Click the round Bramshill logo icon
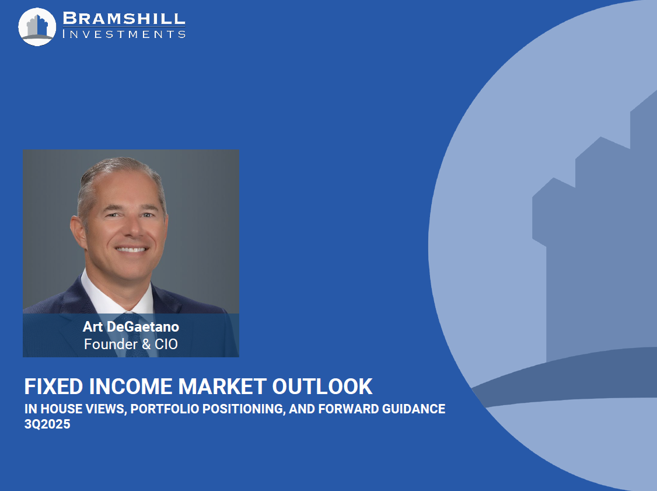[37, 27]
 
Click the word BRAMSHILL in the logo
[124, 19]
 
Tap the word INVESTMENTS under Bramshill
[124, 34]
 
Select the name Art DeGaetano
[131, 326]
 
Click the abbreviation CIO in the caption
[166, 344]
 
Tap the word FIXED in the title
[54, 386]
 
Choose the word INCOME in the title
[131, 386]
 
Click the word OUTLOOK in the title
[322, 386]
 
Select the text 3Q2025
[47, 424]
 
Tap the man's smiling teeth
[131, 249]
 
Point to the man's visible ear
[78, 232]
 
